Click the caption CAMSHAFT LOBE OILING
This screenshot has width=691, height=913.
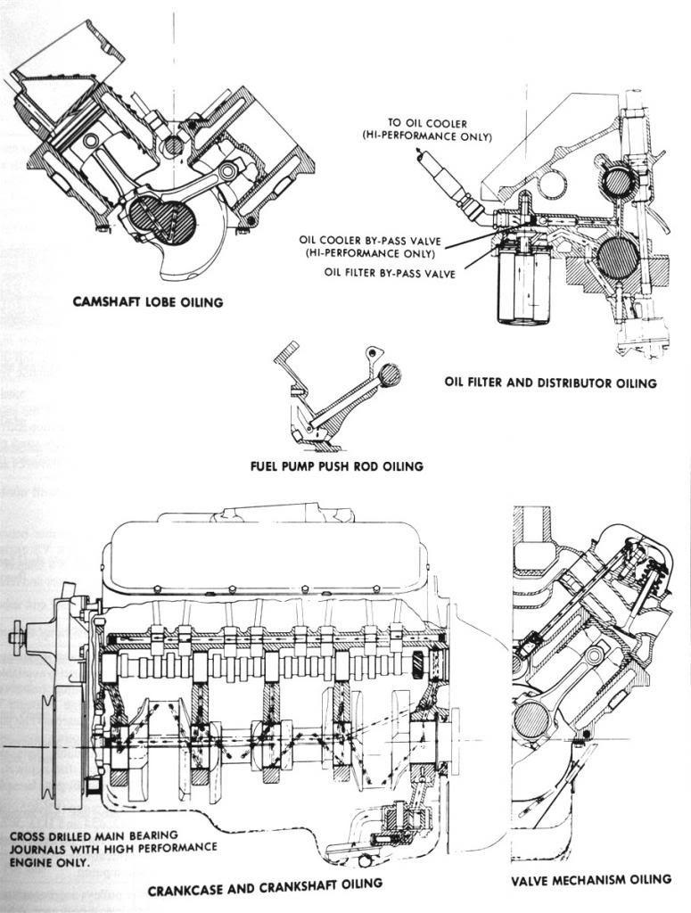147,302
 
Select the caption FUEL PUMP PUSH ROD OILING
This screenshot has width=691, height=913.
336,465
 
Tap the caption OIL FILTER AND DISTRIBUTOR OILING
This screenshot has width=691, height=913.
550,382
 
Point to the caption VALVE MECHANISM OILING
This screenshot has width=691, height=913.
591,879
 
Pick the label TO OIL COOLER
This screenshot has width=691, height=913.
427,123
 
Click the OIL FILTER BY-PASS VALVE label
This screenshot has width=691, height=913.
391,274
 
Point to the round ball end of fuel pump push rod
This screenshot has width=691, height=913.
390,375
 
